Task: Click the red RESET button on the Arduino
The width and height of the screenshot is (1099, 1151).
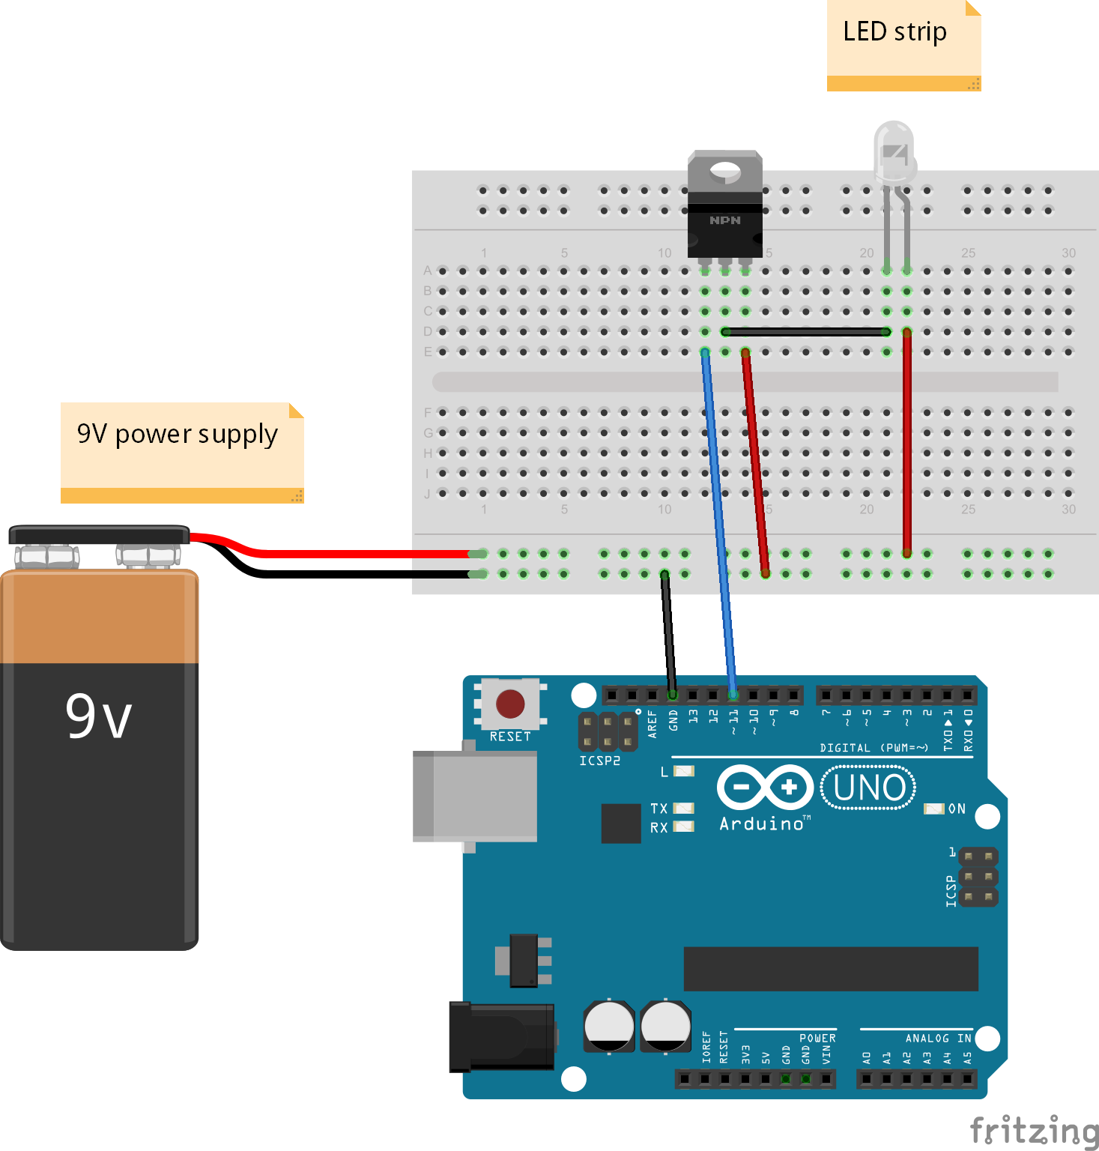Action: [x=510, y=704]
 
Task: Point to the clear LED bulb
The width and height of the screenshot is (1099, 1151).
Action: [x=894, y=154]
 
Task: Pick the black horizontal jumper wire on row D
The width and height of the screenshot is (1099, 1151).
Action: [x=805, y=332]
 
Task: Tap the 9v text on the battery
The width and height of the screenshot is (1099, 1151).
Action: [x=98, y=716]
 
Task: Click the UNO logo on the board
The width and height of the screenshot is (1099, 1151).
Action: [x=868, y=788]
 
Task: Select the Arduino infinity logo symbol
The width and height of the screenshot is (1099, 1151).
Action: [x=765, y=788]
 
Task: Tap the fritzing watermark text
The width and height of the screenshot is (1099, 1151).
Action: [x=1034, y=1130]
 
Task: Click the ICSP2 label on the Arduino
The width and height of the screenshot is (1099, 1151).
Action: [x=599, y=761]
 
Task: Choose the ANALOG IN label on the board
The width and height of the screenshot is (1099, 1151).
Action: [x=938, y=1038]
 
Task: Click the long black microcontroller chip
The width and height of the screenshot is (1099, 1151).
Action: [x=831, y=968]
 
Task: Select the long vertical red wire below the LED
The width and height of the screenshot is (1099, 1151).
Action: [x=906, y=442]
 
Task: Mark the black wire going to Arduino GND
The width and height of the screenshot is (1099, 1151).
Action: [x=668, y=633]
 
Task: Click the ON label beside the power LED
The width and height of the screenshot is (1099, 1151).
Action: [x=957, y=809]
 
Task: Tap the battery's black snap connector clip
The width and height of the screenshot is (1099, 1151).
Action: [x=99, y=535]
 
